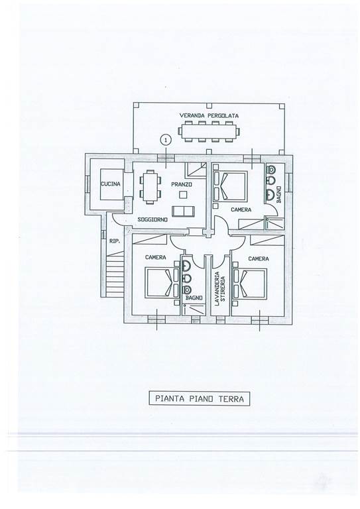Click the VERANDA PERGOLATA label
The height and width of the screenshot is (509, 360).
point(209,115)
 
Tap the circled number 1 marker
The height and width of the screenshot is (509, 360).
point(166,140)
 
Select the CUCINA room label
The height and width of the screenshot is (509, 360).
point(110,184)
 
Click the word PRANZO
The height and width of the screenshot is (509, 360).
point(182,184)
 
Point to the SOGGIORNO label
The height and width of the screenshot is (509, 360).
point(152,220)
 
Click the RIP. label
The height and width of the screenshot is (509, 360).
point(115,241)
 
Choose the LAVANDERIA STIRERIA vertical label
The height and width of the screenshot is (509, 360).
point(219,287)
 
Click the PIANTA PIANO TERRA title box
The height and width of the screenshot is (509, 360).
point(200,398)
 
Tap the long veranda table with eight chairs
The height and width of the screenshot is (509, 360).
point(209,131)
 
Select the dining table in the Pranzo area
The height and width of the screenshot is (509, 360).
point(150,186)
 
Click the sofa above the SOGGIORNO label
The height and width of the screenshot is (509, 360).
point(184,211)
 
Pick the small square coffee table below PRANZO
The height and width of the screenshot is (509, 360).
point(184,195)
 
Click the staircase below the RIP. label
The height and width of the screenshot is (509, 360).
point(115,274)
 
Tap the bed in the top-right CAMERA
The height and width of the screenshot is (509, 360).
point(231,187)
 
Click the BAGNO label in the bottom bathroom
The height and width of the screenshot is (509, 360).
point(194,298)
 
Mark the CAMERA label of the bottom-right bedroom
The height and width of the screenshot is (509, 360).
point(259,258)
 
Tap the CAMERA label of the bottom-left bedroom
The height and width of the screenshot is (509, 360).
point(156,257)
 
